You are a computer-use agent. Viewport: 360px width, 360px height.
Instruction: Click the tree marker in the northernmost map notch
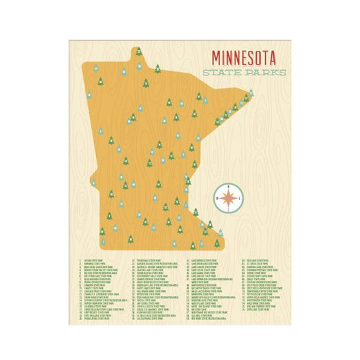coord(139,51)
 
